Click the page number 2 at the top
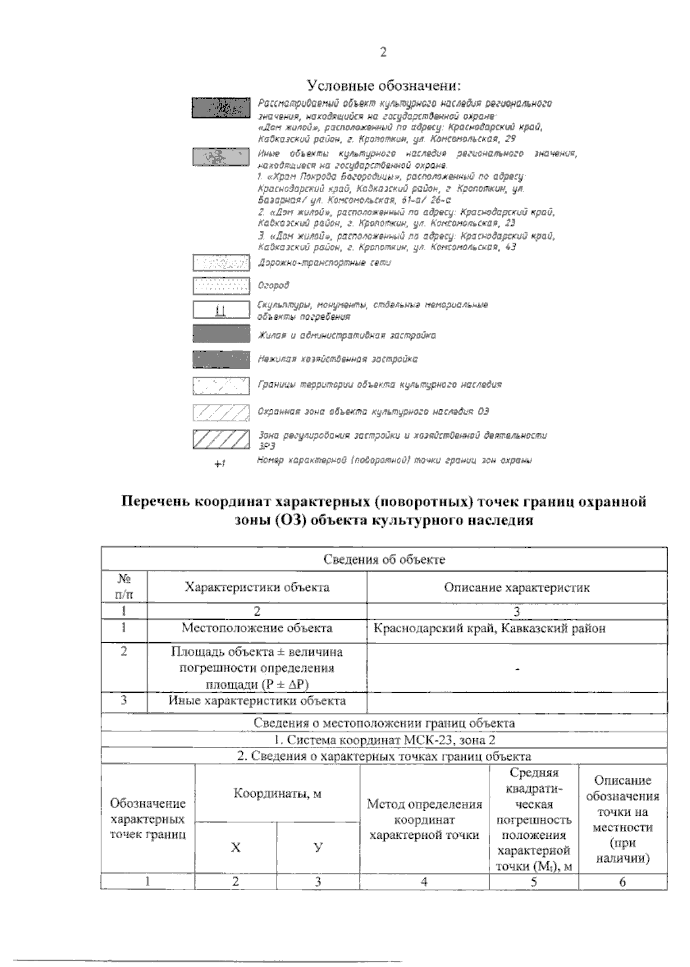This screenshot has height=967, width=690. [384, 52]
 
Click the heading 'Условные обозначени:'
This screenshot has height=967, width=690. [385, 86]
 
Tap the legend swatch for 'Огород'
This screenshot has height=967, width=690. [221, 286]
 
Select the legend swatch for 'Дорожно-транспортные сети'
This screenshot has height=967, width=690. [221, 263]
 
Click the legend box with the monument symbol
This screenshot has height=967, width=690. [221, 311]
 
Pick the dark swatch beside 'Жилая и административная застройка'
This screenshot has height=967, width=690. [221, 335]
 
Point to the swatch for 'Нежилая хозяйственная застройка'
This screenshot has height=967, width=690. [221, 359]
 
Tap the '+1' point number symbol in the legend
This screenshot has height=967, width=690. [219, 464]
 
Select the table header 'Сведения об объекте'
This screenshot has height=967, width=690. [384, 559]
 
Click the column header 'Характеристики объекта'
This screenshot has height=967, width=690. [257, 587]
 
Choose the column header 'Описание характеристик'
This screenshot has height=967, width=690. [517, 587]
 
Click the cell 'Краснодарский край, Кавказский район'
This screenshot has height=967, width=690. [489, 628]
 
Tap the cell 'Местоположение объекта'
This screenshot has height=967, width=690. [257, 628]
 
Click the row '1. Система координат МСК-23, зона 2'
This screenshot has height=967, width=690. [384, 740]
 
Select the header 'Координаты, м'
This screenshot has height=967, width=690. [277, 794]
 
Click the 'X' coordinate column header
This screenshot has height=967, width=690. [236, 847]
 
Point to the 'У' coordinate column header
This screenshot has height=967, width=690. [318, 847]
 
